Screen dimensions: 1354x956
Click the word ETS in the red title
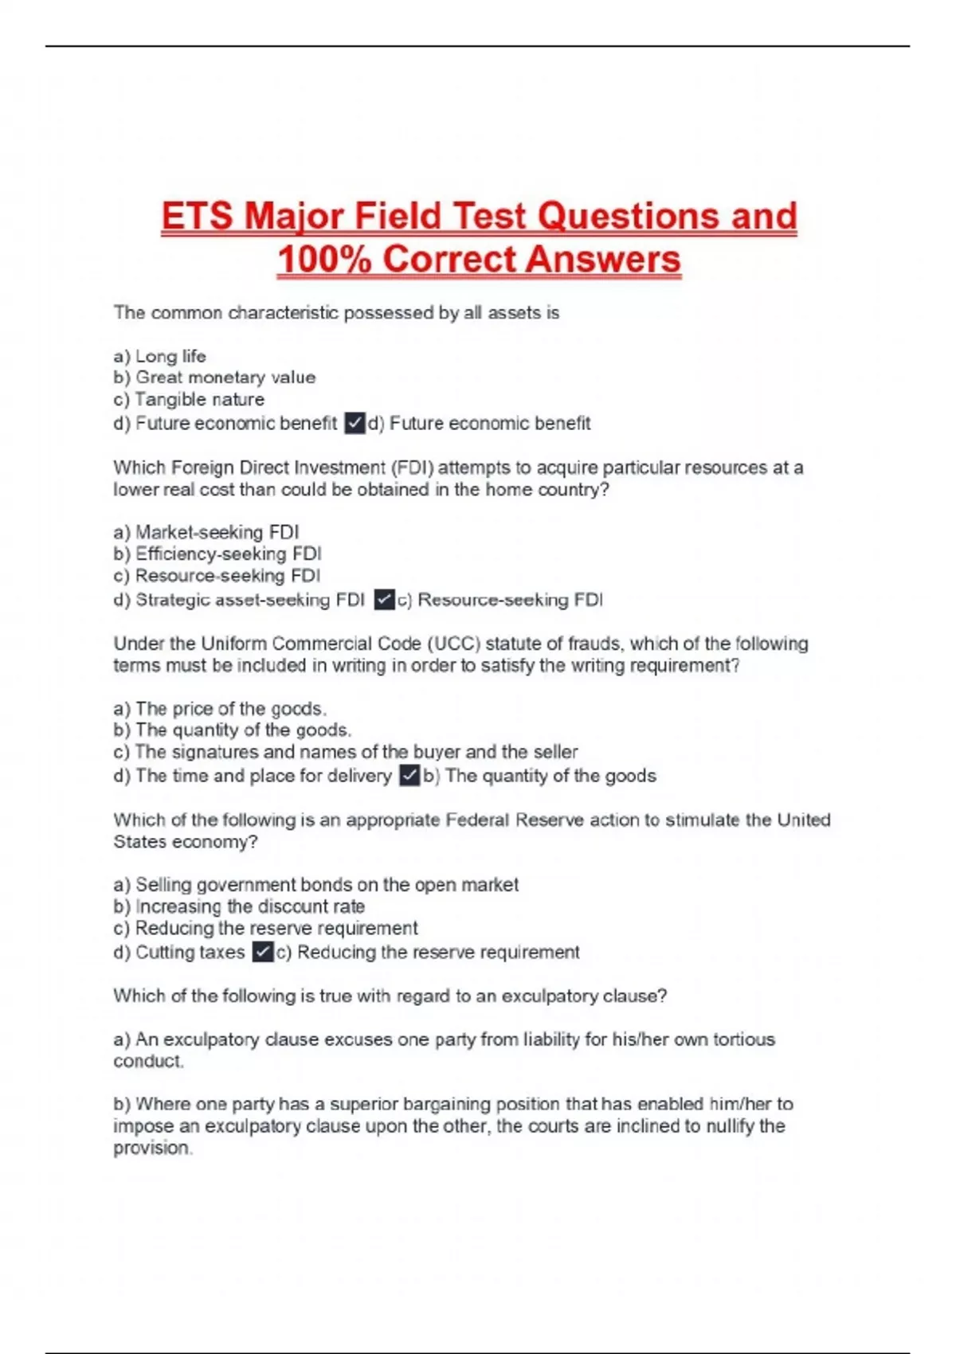click(197, 217)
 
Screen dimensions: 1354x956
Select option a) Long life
click(160, 356)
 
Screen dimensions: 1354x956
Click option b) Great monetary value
click(214, 378)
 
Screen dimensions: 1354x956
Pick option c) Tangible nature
click(189, 399)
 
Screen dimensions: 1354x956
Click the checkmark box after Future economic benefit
click(355, 423)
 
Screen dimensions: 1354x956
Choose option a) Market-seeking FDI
click(206, 532)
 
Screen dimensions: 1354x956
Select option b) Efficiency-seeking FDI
click(217, 554)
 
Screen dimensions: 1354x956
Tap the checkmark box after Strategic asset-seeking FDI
click(384, 599)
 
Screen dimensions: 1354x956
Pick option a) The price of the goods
click(220, 709)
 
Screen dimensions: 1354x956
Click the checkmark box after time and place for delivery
click(409, 775)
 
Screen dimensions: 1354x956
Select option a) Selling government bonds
click(315, 885)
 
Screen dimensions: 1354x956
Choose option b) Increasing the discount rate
click(239, 906)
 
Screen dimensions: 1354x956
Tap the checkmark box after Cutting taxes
click(262, 952)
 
